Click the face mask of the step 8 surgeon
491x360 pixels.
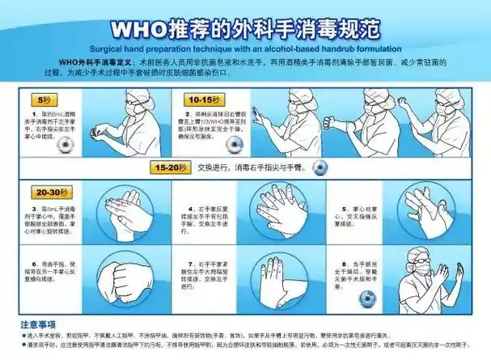pyautogui.click(x=418, y=266)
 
